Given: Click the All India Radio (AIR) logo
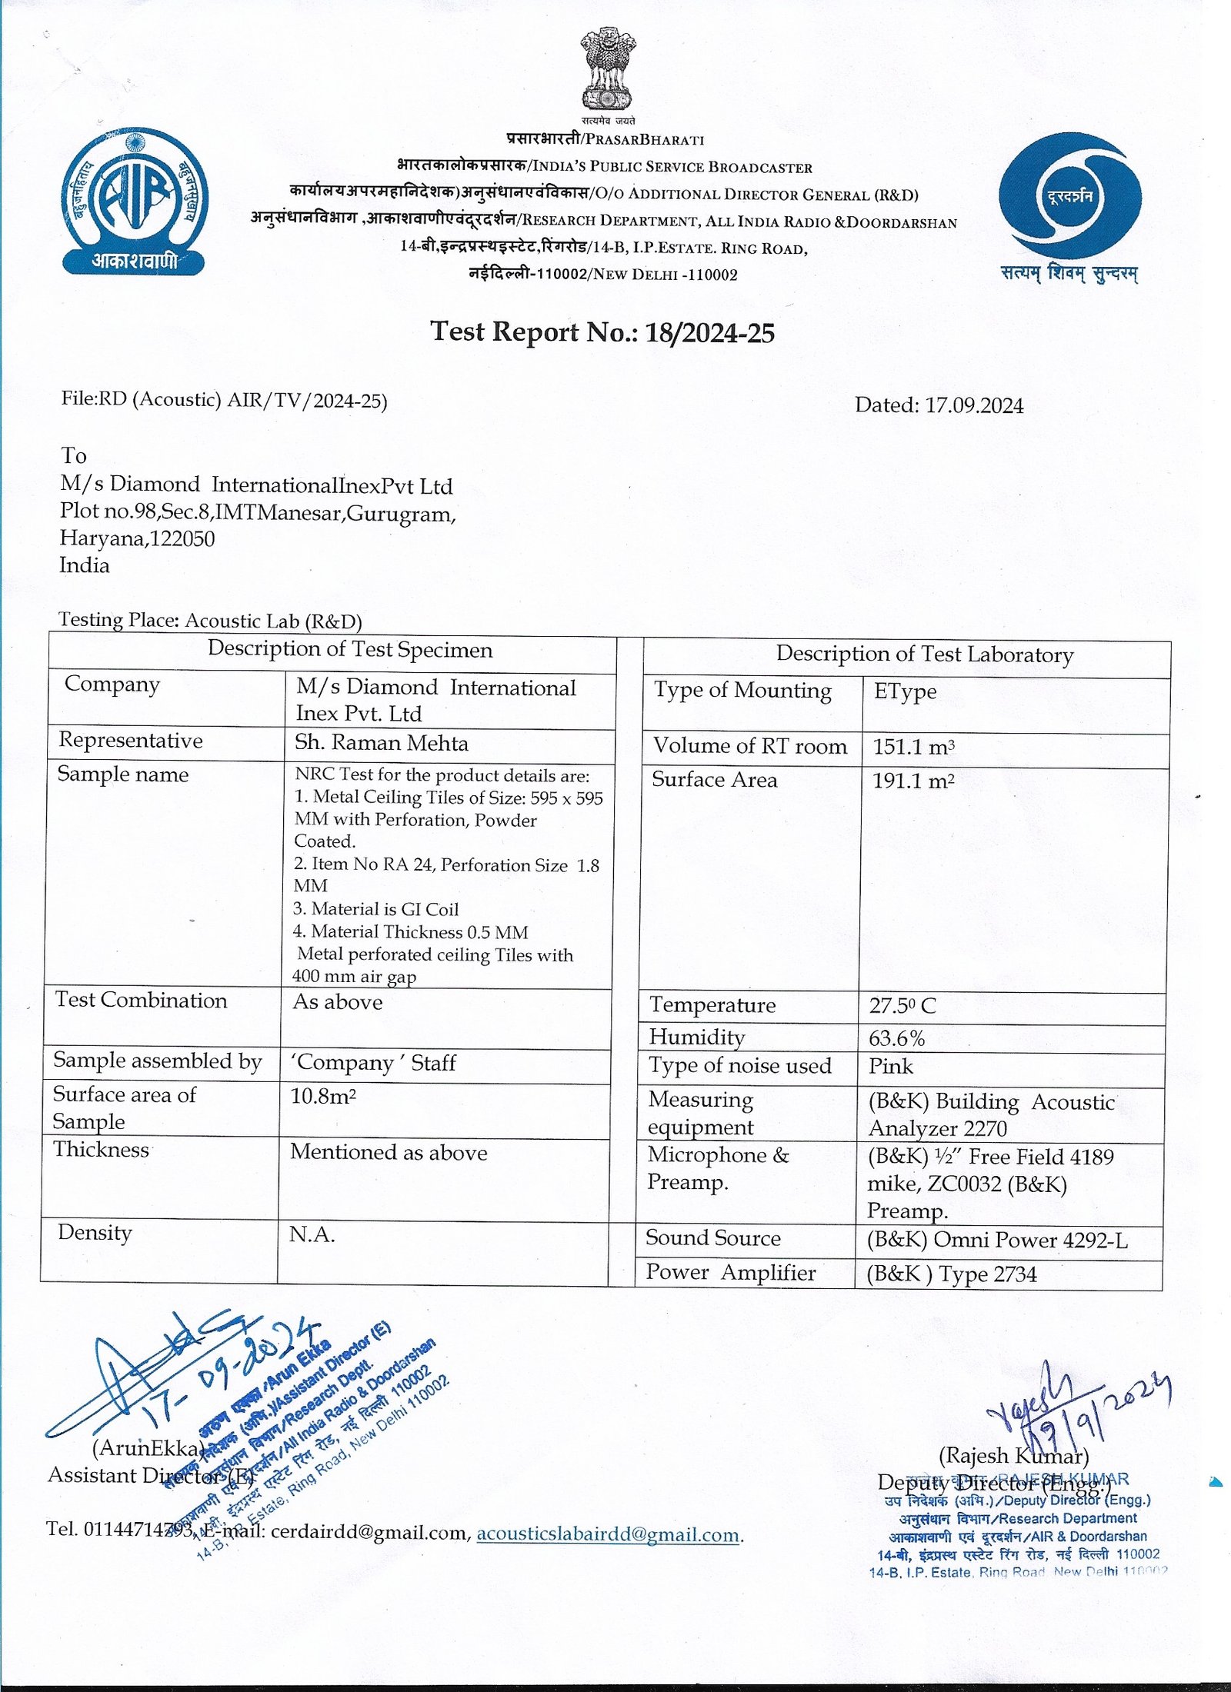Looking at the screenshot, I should [x=135, y=202].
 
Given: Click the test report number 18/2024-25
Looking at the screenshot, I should [x=709, y=333].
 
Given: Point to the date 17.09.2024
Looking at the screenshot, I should [x=973, y=405].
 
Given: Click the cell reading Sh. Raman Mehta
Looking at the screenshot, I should [x=382, y=743].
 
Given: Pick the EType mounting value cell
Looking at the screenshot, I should [x=905, y=691].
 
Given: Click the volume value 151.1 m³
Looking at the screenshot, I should [x=913, y=747].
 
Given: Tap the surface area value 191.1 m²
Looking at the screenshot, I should [x=913, y=781].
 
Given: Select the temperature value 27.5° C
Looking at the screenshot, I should [x=902, y=1006].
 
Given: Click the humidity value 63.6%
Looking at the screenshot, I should [x=896, y=1039].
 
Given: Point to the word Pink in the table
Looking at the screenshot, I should [x=891, y=1067].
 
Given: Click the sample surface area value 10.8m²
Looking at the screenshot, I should [x=323, y=1096].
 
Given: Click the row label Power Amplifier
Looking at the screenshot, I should [x=730, y=1273].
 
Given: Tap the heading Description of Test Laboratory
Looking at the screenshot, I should [x=924, y=654].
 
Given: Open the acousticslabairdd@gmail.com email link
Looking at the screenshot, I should [x=608, y=1534].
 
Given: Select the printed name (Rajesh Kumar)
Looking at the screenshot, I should [x=1013, y=1456].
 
